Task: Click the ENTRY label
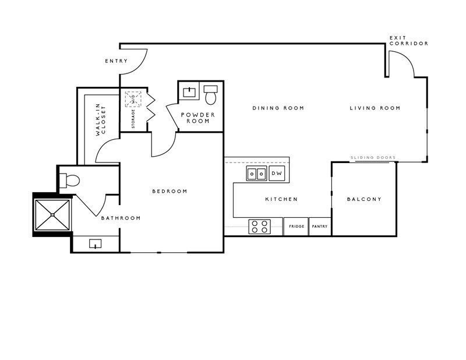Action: coord(116,61)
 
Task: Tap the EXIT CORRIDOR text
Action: coord(409,41)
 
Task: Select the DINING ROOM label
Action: coord(278,108)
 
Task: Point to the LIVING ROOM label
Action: coord(375,108)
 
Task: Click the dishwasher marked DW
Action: coord(277,173)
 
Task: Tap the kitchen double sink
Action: coord(256,174)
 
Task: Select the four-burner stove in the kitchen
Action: coord(259,227)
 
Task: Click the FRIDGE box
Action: coord(296,227)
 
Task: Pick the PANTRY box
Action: coord(320,227)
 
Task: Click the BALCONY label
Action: coord(364,199)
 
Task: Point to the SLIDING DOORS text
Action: coord(373,157)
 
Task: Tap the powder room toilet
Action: coord(210,95)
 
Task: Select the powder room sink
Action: coord(189,93)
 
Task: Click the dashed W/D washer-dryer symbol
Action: coord(133,99)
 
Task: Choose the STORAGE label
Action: coord(133,119)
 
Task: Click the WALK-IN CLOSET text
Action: coord(101,120)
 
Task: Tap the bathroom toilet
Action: coord(69,181)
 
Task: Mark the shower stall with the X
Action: coord(52,214)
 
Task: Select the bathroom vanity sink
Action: coord(95,243)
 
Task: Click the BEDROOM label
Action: coord(170,191)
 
